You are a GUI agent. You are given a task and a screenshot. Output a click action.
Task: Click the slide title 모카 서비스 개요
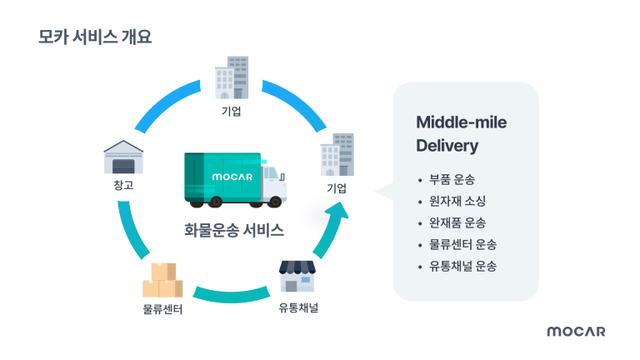95,37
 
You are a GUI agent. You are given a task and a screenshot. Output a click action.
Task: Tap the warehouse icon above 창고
123,157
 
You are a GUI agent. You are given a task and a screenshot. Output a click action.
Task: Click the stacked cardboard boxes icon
161,280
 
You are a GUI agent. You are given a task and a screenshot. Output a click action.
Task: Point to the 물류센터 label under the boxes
162,310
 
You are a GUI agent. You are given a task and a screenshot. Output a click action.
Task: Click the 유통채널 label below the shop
298,307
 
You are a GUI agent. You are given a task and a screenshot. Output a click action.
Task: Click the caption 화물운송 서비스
234,230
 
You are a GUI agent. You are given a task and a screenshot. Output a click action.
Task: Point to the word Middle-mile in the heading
461,122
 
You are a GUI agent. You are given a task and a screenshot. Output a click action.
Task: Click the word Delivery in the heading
447,146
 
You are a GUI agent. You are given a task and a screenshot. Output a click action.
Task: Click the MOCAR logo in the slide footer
576,332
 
